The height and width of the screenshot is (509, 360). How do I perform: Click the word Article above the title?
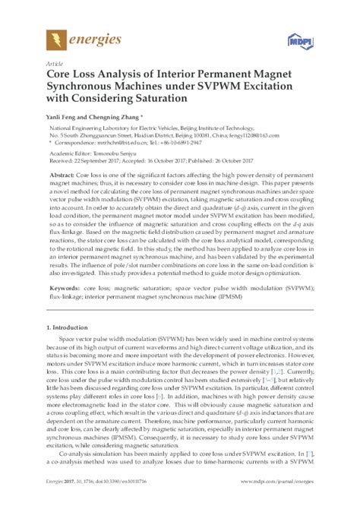[55, 65]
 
